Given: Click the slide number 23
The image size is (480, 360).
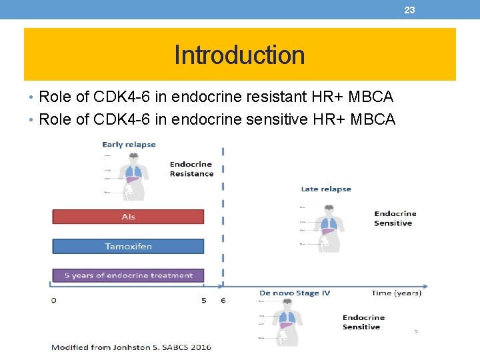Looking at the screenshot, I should point(409,9).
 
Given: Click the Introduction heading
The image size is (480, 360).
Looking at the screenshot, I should point(239,55).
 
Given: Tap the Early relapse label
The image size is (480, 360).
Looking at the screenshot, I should point(129,144).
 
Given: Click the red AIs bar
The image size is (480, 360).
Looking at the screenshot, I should point(128,217).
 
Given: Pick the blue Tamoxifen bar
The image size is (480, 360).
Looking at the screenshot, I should point(128,246).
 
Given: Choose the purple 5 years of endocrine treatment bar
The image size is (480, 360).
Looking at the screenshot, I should point(128,275).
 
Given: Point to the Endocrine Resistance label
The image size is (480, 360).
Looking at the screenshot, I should point(191,169).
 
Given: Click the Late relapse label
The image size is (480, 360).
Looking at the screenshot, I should point(326,189).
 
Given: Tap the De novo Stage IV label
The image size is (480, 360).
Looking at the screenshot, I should point(294,293).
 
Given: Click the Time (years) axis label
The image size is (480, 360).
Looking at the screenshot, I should point(396,293).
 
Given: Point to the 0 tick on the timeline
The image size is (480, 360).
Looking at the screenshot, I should point(54,300).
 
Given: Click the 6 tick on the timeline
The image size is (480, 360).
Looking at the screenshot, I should point(223,300).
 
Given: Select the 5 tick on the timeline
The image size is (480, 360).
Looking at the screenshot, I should point(204,300).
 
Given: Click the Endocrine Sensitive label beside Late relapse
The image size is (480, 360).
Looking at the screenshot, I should point(395,218).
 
